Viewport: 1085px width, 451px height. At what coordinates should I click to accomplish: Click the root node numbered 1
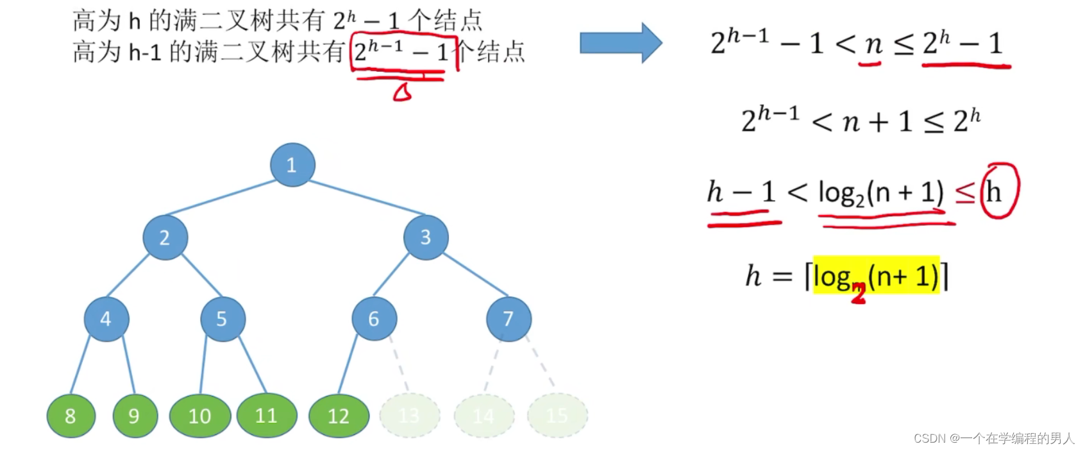(x=292, y=165)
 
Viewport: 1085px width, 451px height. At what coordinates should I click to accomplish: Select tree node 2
(x=165, y=237)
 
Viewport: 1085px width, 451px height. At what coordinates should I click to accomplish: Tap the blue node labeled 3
(x=426, y=237)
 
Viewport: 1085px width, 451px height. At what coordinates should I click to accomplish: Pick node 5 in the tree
(x=223, y=319)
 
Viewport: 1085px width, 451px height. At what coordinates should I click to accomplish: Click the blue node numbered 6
(x=374, y=319)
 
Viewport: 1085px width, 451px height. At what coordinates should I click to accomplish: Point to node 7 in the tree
(x=509, y=319)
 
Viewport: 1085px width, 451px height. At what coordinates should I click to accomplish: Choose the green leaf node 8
(x=71, y=416)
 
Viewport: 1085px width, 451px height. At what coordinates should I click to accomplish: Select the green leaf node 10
(x=200, y=416)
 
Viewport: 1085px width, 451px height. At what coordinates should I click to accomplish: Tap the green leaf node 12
(x=339, y=416)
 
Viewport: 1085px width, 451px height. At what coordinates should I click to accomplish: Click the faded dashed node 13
(x=409, y=416)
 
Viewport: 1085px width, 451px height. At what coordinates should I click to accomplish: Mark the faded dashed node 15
(x=557, y=416)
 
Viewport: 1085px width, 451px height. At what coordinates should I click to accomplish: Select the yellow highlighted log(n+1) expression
(x=876, y=276)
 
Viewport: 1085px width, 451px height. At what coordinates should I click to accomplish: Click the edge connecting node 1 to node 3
(x=367, y=197)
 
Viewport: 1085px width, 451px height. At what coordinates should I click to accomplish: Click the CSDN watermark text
(x=993, y=438)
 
